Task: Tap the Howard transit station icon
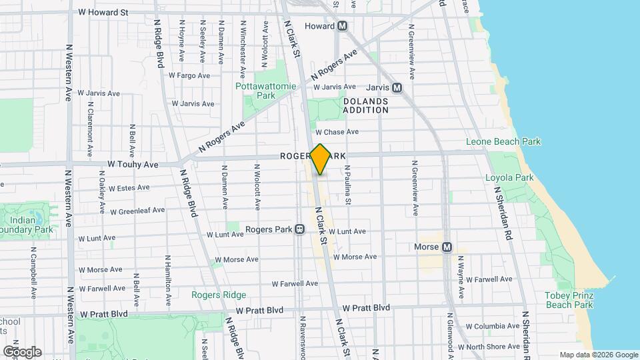click(x=343, y=26)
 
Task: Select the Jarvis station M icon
click(x=397, y=87)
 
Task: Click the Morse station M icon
click(x=447, y=247)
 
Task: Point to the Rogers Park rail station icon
click(x=300, y=229)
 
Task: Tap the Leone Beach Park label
click(x=503, y=142)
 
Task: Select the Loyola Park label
click(x=510, y=178)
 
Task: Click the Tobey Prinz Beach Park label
click(x=569, y=300)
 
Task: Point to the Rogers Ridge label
click(x=219, y=295)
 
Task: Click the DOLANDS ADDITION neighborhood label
click(x=365, y=105)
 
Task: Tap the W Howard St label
click(x=103, y=12)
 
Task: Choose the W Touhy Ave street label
click(x=133, y=164)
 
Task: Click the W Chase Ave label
click(x=337, y=132)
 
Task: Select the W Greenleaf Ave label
click(x=137, y=211)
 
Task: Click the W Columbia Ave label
click(x=494, y=327)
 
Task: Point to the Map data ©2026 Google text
click(x=599, y=355)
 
